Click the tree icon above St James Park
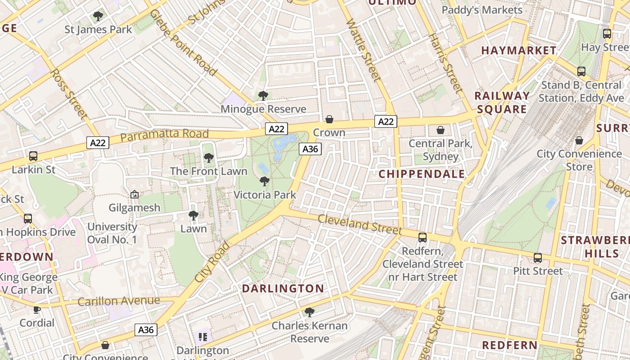click(x=98, y=17)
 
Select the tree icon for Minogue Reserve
click(x=263, y=96)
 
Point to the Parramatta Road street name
click(x=165, y=135)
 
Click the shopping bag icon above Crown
click(x=329, y=119)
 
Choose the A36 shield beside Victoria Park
click(x=310, y=149)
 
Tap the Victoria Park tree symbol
click(x=265, y=181)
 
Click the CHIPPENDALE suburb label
click(x=422, y=174)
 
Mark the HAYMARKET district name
click(x=519, y=50)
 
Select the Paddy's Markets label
click(x=482, y=10)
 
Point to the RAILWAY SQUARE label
click(x=502, y=102)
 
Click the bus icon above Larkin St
click(x=33, y=156)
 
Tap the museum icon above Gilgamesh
click(x=134, y=194)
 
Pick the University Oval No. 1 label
click(x=112, y=233)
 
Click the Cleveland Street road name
click(x=360, y=224)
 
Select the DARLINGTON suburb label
click(x=283, y=288)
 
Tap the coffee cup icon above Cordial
click(x=36, y=310)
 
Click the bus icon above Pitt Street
click(x=538, y=258)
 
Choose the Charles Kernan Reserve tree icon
click(x=309, y=312)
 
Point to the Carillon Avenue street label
click(x=119, y=301)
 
